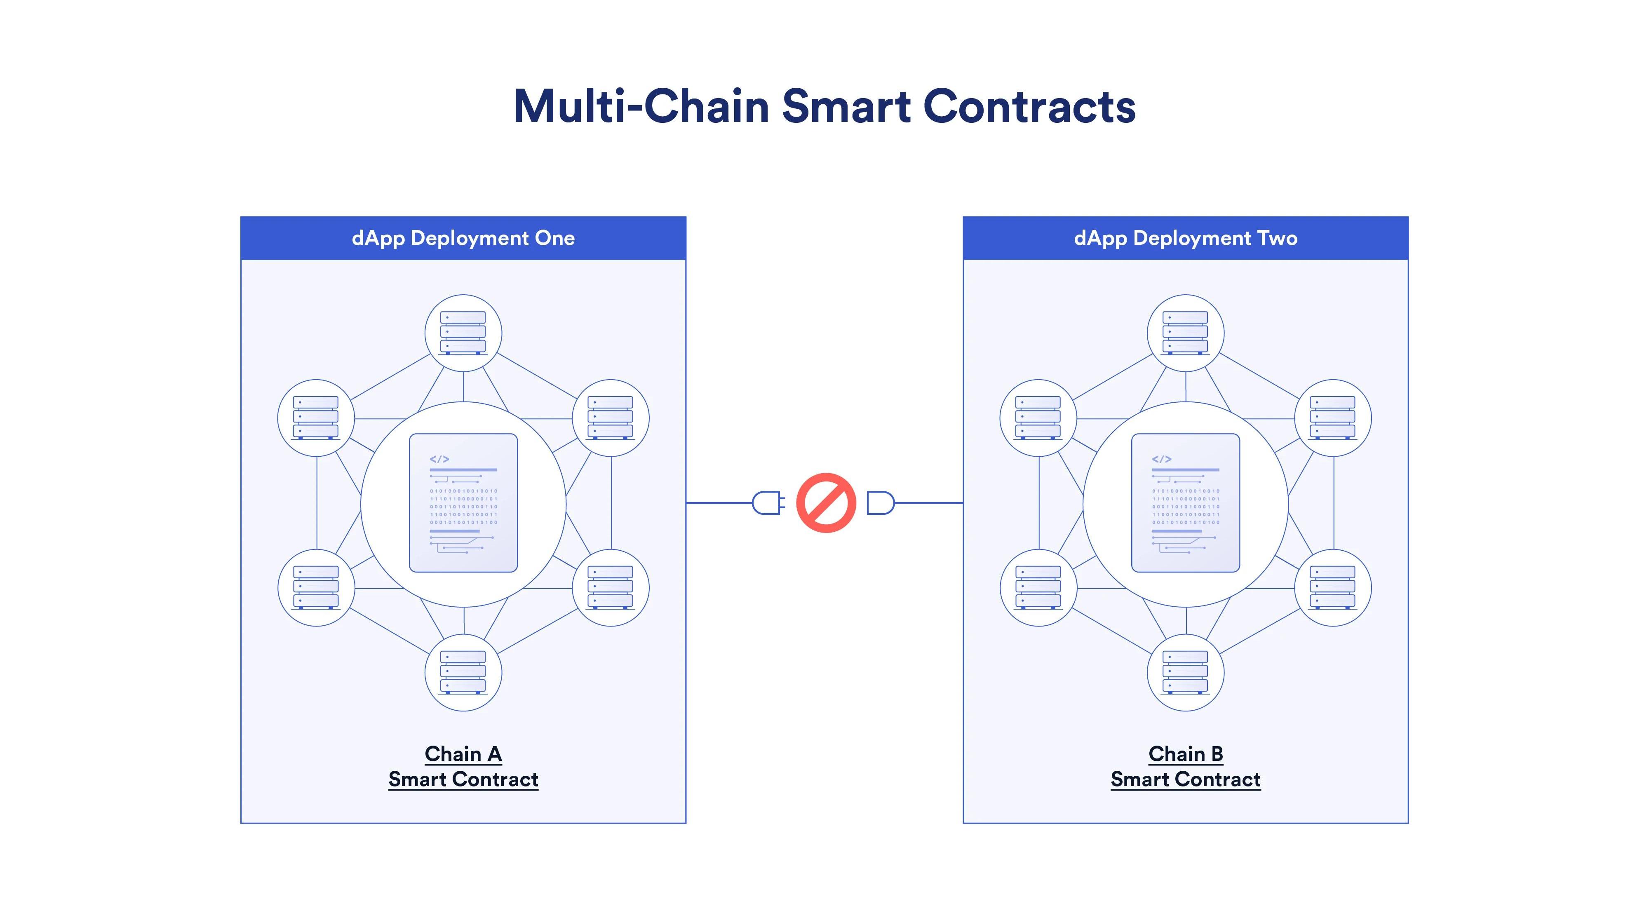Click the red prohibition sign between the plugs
pyautogui.click(x=826, y=502)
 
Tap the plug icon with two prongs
pyautogui.click(x=768, y=502)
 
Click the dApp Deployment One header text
pyautogui.click(x=463, y=238)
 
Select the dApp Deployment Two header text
pyautogui.click(x=1186, y=238)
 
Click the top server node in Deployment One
pyautogui.click(x=463, y=333)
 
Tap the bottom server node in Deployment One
pyautogui.click(x=463, y=672)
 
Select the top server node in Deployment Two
pyautogui.click(x=1186, y=333)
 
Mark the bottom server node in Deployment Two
pyautogui.click(x=1186, y=672)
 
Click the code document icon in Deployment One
pyautogui.click(x=463, y=502)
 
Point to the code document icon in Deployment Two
pyautogui.click(x=1186, y=502)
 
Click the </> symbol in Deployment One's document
pyautogui.click(x=439, y=459)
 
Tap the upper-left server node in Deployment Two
pyautogui.click(x=1038, y=418)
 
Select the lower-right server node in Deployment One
pyautogui.click(x=610, y=587)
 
